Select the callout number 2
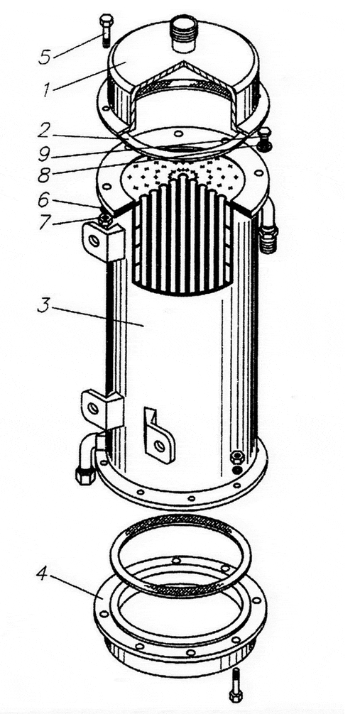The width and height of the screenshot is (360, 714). (45, 131)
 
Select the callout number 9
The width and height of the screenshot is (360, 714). (45, 153)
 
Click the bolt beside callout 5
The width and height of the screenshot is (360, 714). (106, 30)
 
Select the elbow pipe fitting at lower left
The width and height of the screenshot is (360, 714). (89, 457)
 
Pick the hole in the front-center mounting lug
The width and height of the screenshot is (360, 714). (160, 446)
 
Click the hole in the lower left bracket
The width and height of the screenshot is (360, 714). (94, 407)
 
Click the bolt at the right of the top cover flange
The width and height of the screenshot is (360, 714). (265, 139)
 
